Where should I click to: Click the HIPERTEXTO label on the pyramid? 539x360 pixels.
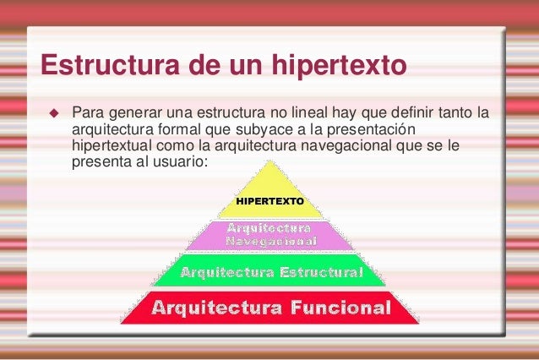[268, 203]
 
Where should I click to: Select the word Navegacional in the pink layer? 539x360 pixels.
[269, 242]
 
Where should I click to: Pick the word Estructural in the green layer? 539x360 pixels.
[317, 272]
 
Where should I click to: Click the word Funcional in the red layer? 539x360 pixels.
[341, 307]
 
